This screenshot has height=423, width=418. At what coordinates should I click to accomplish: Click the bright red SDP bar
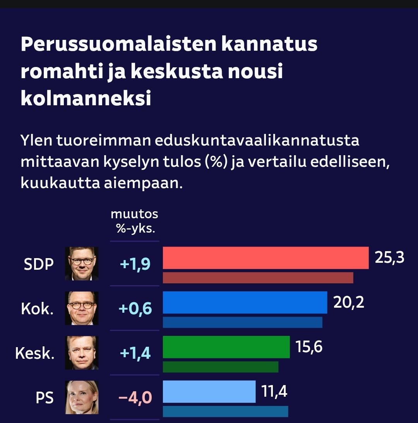(x=266, y=258)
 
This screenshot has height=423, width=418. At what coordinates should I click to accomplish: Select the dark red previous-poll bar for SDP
(x=258, y=278)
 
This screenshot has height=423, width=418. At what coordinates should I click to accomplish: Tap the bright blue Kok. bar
(x=245, y=302)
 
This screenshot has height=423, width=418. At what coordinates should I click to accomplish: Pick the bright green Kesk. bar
(x=226, y=347)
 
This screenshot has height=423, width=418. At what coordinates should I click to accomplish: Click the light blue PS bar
(x=209, y=391)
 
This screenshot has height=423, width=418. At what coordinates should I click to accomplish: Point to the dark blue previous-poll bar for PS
(x=225, y=411)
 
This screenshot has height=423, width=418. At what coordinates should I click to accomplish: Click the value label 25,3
(x=389, y=257)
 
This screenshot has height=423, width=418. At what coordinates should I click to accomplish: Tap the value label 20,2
(x=349, y=302)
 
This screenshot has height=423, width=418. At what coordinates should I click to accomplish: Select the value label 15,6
(x=309, y=347)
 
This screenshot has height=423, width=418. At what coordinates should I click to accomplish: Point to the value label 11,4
(x=274, y=391)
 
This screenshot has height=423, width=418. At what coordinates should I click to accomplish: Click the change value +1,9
(x=135, y=264)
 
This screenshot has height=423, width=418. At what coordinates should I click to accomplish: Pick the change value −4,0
(x=135, y=397)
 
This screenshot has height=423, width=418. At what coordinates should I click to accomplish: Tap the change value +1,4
(x=135, y=353)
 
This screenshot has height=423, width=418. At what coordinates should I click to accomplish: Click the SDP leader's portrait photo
(x=82, y=264)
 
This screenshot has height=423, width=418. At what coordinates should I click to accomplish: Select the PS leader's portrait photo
(x=82, y=397)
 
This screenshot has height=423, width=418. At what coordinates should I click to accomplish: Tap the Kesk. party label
(x=34, y=353)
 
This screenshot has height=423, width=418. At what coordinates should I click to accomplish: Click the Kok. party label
(x=37, y=309)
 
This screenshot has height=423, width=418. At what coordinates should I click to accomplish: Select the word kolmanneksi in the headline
(x=86, y=99)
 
